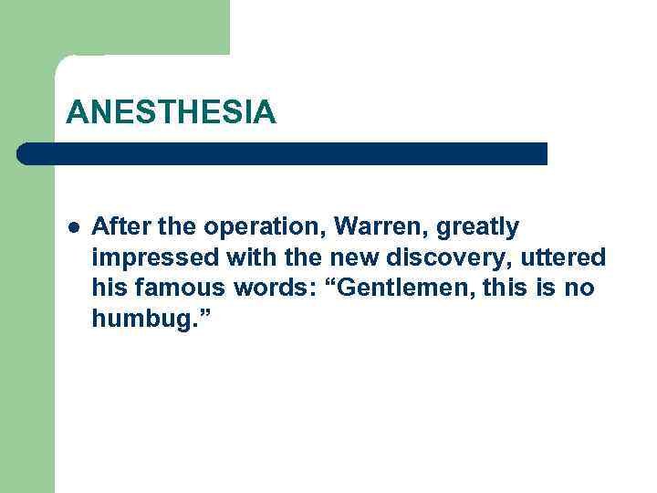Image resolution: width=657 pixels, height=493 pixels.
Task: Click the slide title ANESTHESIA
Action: [171, 112]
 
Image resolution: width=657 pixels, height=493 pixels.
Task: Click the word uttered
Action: [564, 257]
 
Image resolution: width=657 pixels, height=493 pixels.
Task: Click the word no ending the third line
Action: [580, 289]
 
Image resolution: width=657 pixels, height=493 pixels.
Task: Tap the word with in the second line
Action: [237, 257]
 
